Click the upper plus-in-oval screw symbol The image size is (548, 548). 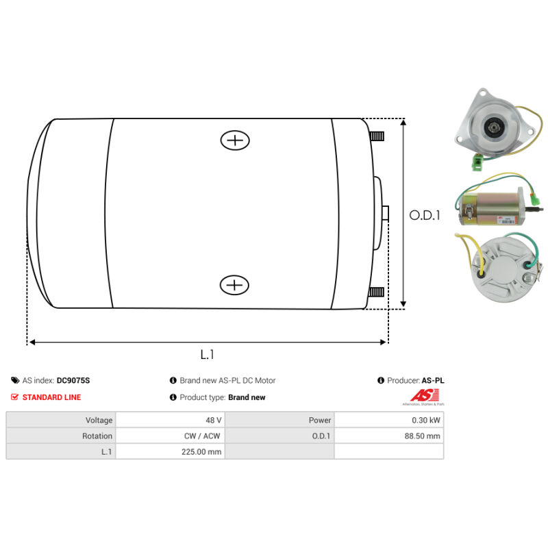click(x=235, y=140)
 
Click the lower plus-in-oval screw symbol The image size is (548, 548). click(x=234, y=284)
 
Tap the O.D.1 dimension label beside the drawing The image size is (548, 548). click(x=425, y=215)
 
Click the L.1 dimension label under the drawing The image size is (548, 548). click(x=208, y=354)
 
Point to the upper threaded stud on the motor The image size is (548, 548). click(x=377, y=136)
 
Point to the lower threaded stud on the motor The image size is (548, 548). click(x=376, y=292)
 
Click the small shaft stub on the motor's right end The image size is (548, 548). click(x=385, y=213)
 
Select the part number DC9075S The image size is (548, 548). click(x=73, y=380)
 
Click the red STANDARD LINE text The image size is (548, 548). click(x=51, y=397)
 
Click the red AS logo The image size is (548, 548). click(x=420, y=396)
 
